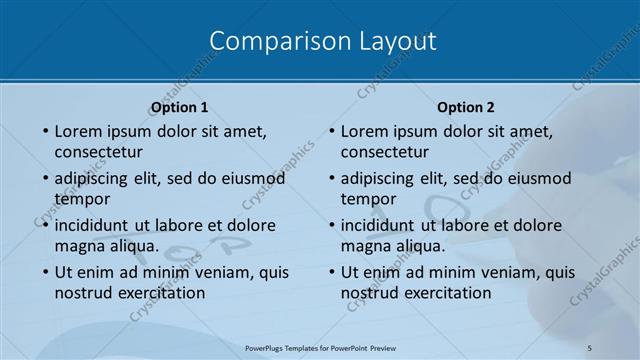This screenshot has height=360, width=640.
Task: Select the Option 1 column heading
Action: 180,107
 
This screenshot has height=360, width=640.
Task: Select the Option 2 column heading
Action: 466,107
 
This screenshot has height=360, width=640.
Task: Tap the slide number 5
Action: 590,347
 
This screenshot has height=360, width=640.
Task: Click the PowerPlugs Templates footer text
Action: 320,347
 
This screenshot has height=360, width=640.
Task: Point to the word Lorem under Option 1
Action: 79,131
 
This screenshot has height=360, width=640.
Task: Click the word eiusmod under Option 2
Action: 537,178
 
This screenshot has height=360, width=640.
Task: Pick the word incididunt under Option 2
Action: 382,225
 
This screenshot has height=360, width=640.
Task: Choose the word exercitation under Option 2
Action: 444,293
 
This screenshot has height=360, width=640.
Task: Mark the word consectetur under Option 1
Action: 98,152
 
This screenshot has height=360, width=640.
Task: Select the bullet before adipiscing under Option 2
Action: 331,178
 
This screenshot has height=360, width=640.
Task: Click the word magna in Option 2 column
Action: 364,246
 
